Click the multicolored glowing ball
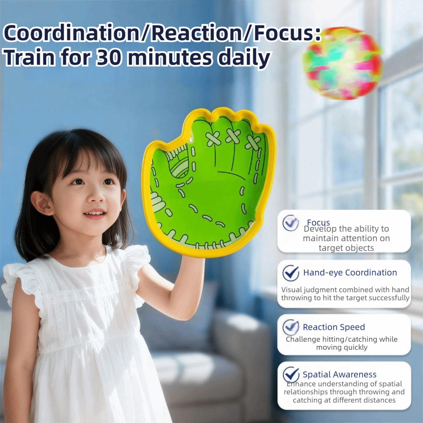point(342,63)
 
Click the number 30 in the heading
point(108,58)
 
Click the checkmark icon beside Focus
point(291,223)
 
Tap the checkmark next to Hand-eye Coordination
point(291,273)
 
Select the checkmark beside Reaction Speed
point(291,327)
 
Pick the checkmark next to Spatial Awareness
point(291,374)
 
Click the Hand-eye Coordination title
point(350,272)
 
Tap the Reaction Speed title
point(334,327)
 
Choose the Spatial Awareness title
point(339,374)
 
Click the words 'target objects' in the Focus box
point(346,248)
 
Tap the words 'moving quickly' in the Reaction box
point(341,347)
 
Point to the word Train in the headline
point(29,58)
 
